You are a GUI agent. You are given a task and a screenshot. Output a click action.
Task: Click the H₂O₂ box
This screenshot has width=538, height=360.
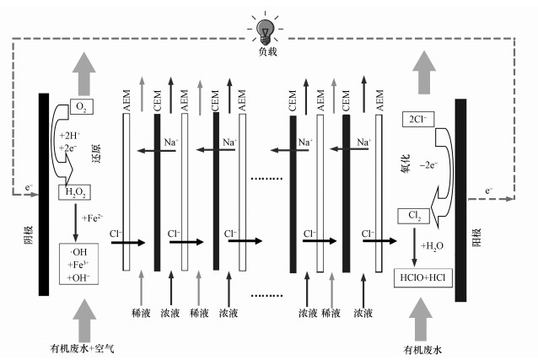(73, 194)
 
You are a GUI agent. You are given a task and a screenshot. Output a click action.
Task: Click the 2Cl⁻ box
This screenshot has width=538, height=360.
(415, 119)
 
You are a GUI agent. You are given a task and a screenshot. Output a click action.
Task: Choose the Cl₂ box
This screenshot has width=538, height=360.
(414, 218)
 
